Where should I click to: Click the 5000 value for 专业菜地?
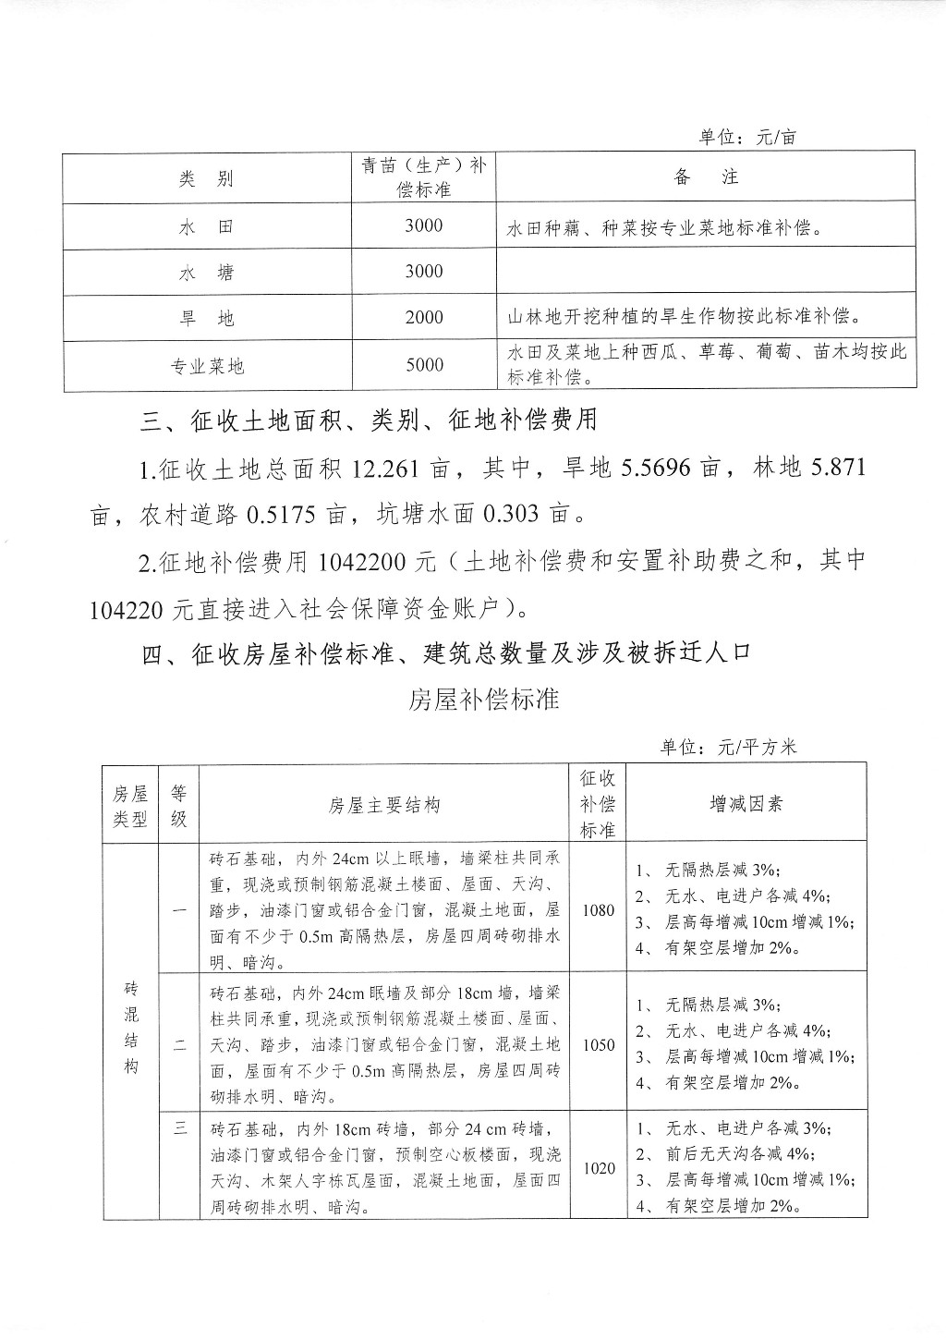coord(424,365)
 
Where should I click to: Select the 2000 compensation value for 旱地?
coord(424,318)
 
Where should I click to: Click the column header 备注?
coord(706,177)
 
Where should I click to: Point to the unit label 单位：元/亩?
coord(747,138)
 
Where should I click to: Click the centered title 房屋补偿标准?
coord(484,699)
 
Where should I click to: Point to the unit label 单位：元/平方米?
coord(728,747)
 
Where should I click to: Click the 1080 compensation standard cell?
coord(599,909)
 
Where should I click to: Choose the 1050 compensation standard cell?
coord(599,1045)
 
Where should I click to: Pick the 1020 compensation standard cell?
coord(599,1168)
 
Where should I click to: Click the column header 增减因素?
coord(746,804)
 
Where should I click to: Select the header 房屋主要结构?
coord(384,805)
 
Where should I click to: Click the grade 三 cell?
coord(180,1127)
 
